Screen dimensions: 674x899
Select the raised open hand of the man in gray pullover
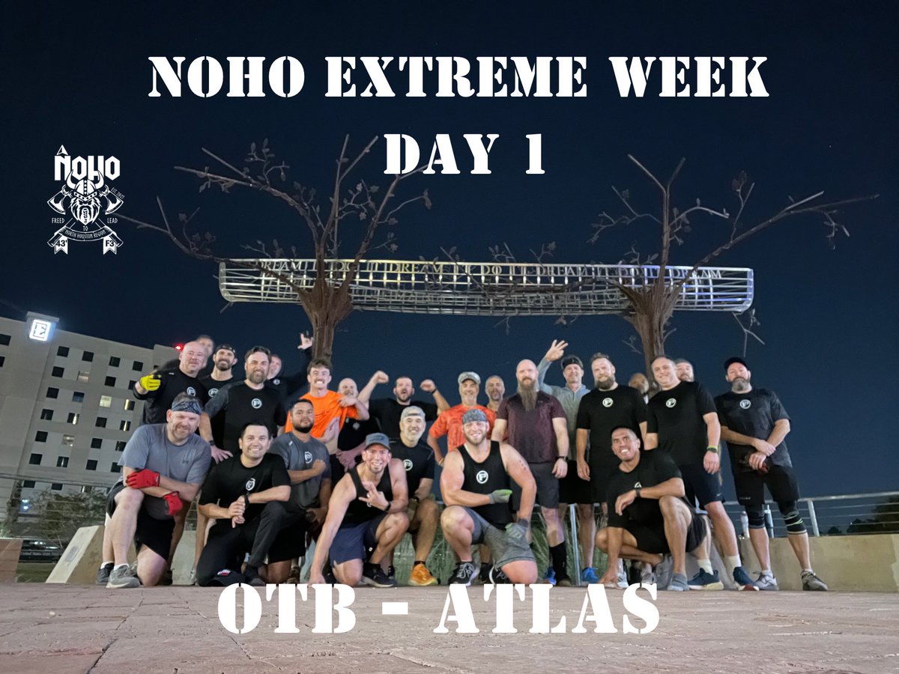(x=555, y=350)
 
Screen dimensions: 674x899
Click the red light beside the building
(x=178, y=347)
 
